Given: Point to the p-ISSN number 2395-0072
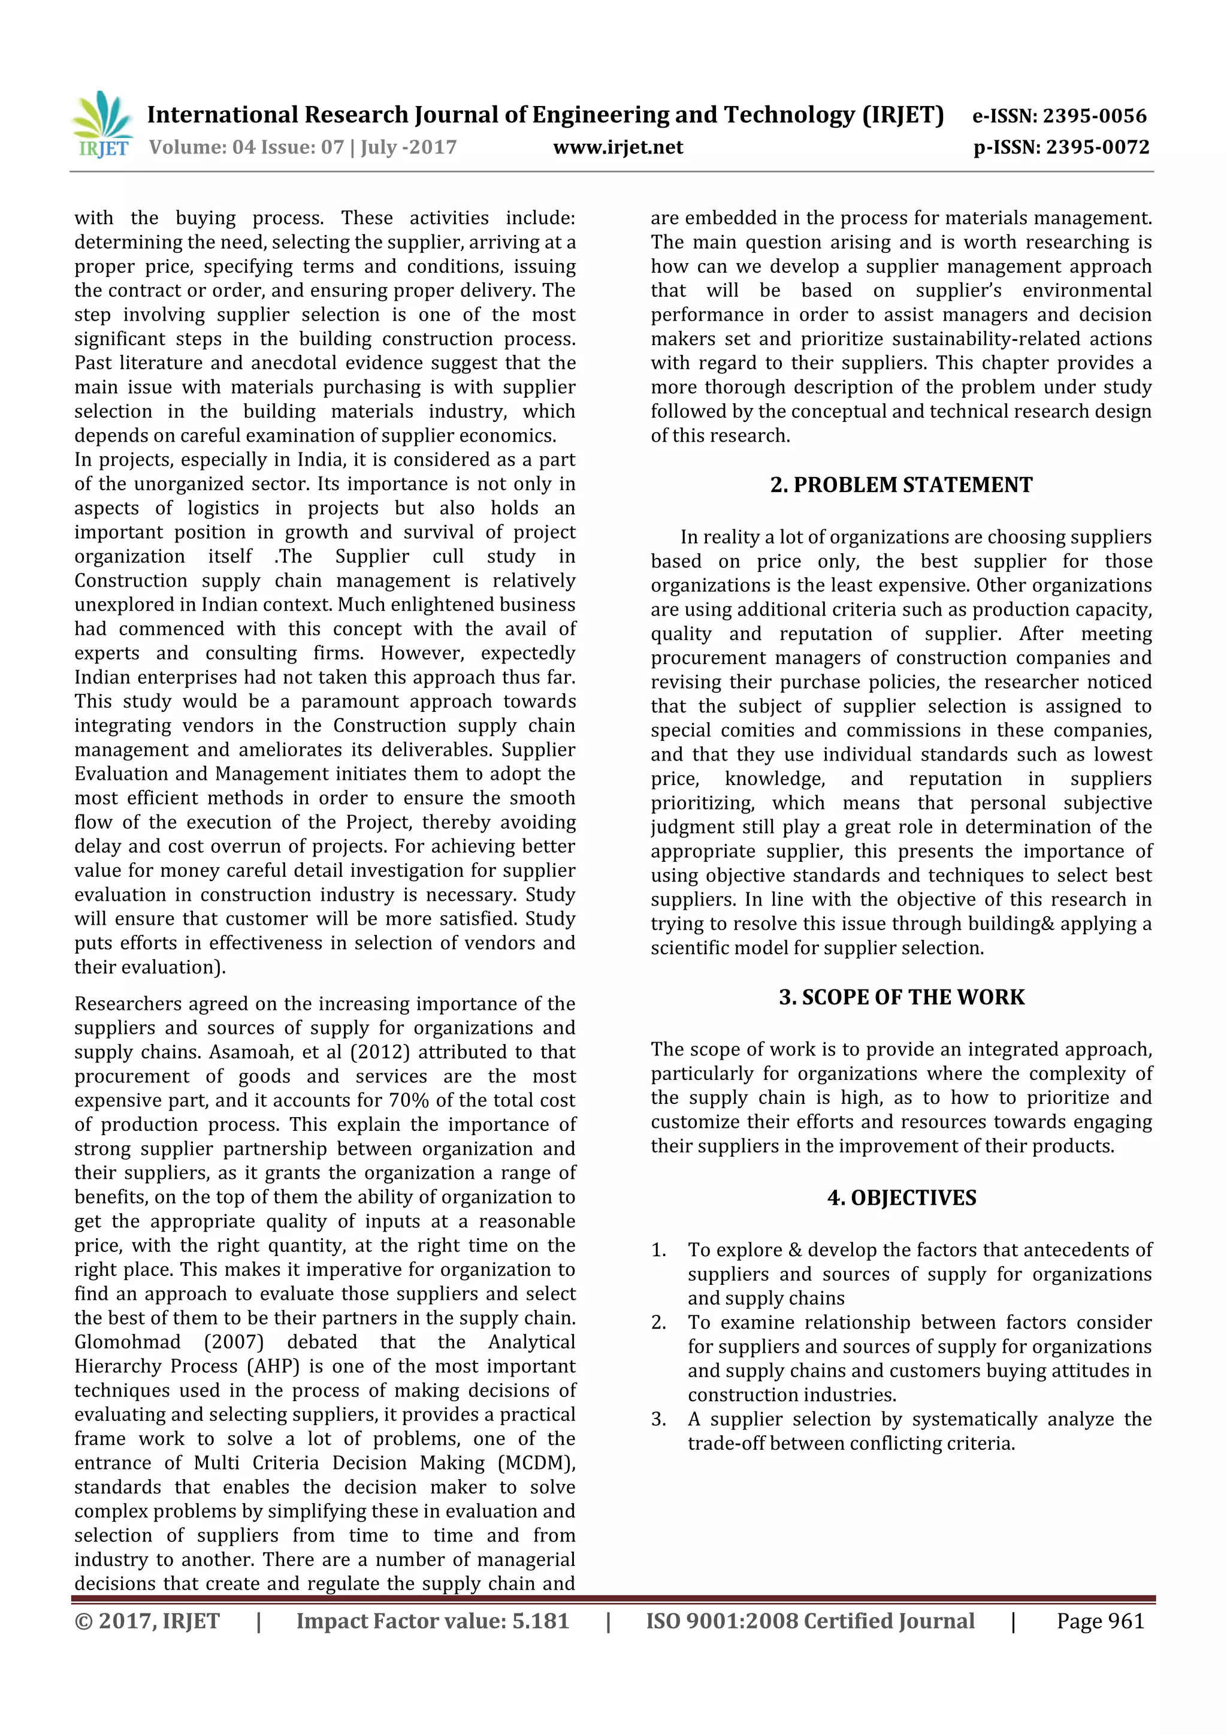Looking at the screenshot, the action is coord(1097,147).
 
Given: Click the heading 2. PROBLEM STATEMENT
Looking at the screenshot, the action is coord(900,485).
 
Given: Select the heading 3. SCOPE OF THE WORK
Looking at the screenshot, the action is coord(900,997).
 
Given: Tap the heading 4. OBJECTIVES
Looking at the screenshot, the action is coord(900,1198).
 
